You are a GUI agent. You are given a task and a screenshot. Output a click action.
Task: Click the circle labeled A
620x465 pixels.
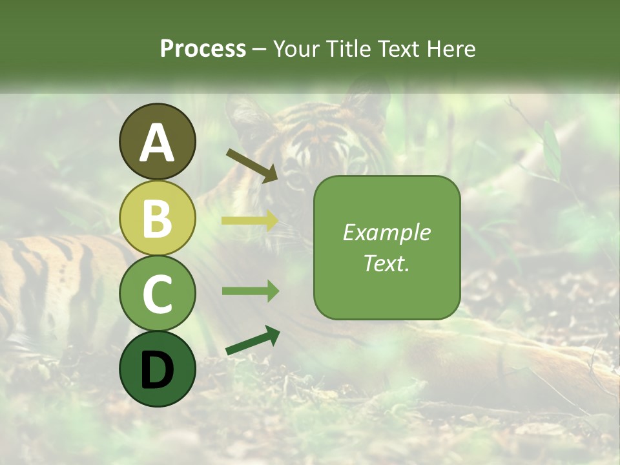pyautogui.click(x=157, y=141)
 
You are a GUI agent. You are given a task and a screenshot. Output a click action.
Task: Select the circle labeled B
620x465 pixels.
pyautogui.click(x=157, y=218)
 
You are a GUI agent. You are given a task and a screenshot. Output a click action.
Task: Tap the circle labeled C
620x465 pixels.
pyautogui.click(x=157, y=293)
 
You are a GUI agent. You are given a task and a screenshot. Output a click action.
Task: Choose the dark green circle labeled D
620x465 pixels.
pyautogui.click(x=157, y=369)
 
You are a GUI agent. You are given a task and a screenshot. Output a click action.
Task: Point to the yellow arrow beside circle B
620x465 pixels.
pyautogui.click(x=250, y=221)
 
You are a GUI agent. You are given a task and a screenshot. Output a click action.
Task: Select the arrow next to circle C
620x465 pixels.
pyautogui.click(x=250, y=291)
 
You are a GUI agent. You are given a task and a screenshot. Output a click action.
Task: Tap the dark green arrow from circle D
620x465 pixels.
pyautogui.click(x=253, y=341)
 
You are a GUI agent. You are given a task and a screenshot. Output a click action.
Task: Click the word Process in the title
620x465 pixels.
pyautogui.click(x=203, y=48)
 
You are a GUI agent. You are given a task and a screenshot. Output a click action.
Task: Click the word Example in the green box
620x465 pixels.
pyautogui.click(x=386, y=232)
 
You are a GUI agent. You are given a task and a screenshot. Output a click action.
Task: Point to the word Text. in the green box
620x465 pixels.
pyautogui.click(x=386, y=263)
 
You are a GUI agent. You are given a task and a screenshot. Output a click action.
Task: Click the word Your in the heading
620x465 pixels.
pyautogui.click(x=297, y=48)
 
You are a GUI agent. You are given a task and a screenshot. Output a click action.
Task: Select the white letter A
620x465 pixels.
pyautogui.click(x=157, y=143)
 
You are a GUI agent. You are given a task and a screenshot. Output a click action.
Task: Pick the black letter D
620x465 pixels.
pyautogui.click(x=157, y=370)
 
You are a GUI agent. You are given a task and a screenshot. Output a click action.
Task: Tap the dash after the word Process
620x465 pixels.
pyautogui.click(x=259, y=49)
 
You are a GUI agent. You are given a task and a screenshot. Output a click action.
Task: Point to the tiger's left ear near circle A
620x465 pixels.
pyautogui.click(x=242, y=116)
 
